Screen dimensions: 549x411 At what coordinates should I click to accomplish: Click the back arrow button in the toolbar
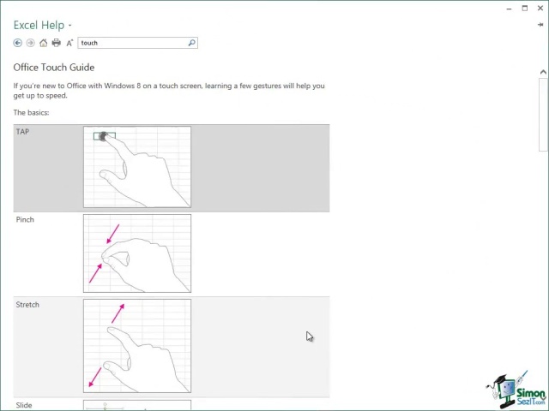coord(17,43)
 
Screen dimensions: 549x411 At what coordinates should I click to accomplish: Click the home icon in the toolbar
coord(43,43)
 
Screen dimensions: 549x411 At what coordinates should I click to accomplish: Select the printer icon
coord(56,43)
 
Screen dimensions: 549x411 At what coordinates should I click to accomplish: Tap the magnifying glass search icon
coord(191,43)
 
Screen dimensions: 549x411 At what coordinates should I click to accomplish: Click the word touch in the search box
coord(89,43)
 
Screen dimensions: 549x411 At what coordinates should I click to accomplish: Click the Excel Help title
coord(39,25)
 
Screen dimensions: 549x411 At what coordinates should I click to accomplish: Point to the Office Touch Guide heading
coord(54,67)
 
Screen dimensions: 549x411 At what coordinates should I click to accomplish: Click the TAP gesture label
coord(22,132)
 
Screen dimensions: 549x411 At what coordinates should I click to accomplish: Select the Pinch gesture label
coord(25,219)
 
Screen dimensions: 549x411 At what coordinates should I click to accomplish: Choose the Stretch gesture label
coord(27,305)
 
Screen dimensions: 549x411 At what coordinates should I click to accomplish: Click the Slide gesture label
coord(24,405)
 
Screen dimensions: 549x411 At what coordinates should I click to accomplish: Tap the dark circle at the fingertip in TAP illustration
coord(103,136)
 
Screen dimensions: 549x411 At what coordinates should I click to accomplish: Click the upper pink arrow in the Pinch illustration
coord(113,234)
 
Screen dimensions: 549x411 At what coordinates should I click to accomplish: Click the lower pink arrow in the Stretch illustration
coord(95,377)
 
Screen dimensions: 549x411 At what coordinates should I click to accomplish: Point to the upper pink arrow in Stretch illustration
coord(118,313)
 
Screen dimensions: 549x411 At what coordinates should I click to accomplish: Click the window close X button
coord(540,9)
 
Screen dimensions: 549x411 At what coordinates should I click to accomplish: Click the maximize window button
coord(524,9)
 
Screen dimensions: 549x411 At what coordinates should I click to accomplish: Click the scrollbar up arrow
coord(543,72)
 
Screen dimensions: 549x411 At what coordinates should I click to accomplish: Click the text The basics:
coord(31,112)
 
